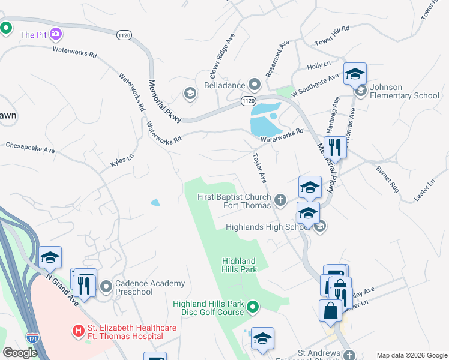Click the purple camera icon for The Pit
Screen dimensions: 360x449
coord(56,34)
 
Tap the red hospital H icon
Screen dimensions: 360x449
coord(77,331)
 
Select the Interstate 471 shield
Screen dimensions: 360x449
coord(32,340)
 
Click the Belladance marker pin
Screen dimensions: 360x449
coord(255,85)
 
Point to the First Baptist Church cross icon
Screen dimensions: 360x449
coord(280,199)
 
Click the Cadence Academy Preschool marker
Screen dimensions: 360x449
coord(107,287)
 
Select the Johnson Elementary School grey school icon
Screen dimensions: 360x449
coord(361,91)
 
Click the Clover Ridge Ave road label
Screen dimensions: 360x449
coord(221,57)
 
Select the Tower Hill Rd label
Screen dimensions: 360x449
coord(332,37)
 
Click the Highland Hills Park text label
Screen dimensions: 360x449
coord(239,265)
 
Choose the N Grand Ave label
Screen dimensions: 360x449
coord(62,286)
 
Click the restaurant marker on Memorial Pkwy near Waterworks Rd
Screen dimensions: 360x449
coord(335,148)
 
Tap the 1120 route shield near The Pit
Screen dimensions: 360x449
coord(125,36)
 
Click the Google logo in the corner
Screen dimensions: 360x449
coord(20,353)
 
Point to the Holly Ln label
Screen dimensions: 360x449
coord(319,64)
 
